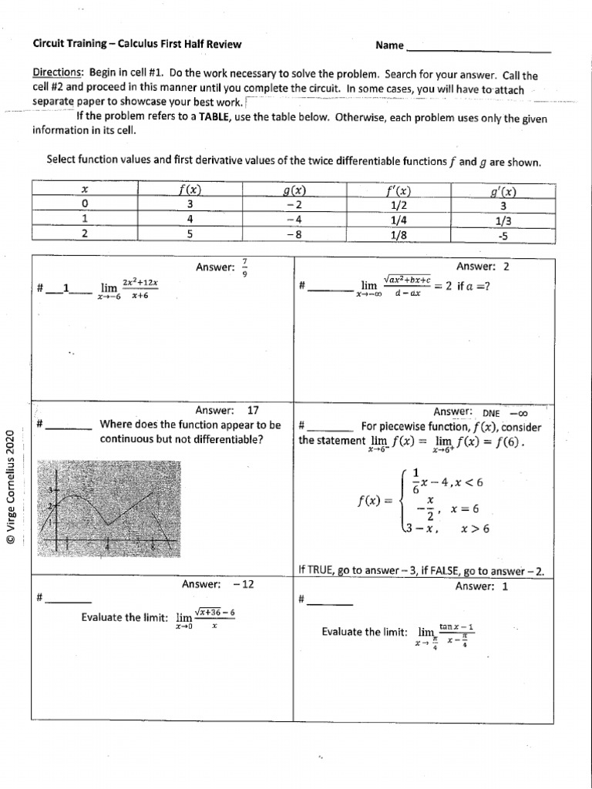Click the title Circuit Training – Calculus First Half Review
tap(136, 44)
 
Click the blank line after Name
tap(479, 48)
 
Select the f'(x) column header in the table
tap(399, 192)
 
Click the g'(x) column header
tap(503, 192)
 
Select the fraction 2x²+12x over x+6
tap(140, 289)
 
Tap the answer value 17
tap(253, 411)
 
